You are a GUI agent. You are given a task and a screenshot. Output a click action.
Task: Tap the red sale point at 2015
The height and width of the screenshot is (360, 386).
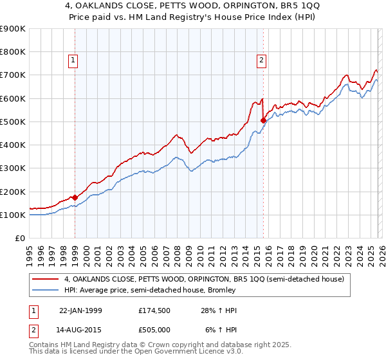(x=263, y=120)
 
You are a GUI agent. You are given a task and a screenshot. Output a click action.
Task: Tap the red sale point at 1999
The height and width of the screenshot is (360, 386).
(x=75, y=197)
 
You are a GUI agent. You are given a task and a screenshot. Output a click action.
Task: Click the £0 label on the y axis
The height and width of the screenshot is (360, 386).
(x=20, y=238)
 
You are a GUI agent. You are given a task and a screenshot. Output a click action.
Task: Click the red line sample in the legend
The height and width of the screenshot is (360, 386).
(x=46, y=280)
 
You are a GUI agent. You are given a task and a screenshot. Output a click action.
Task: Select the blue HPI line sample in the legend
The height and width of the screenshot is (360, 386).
(x=46, y=291)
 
